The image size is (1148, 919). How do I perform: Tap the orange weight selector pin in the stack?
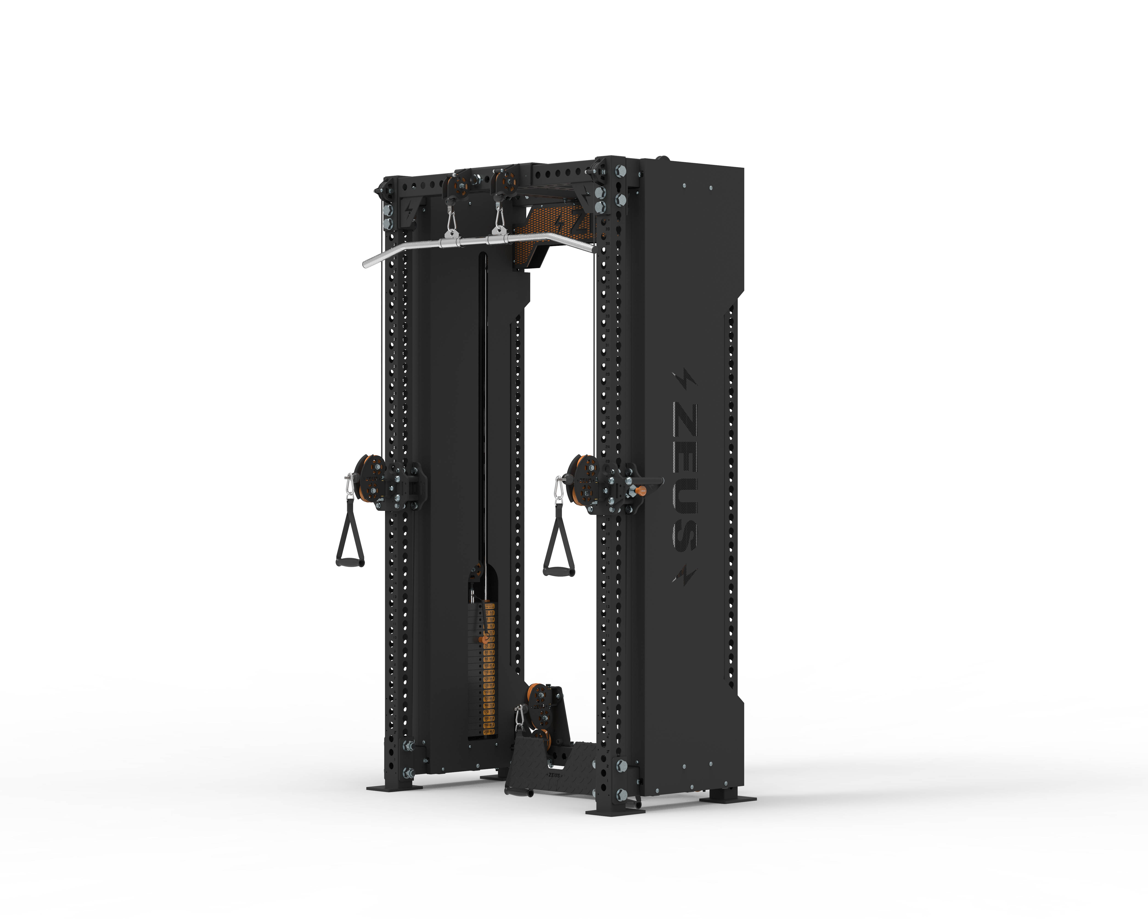tap(484, 639)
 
